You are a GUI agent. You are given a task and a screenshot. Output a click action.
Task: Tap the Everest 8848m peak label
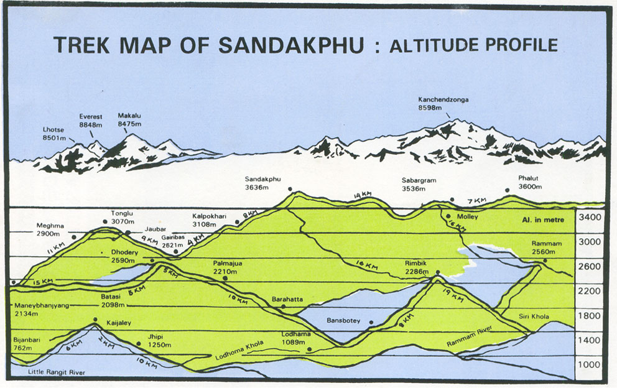(90, 121)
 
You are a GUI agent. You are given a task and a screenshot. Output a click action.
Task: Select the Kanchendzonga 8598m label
(443, 103)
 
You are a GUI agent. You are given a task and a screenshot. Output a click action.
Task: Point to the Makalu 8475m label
(129, 119)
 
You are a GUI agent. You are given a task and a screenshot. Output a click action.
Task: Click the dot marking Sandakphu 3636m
(289, 189)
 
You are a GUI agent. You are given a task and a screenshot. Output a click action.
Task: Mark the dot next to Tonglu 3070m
(105, 221)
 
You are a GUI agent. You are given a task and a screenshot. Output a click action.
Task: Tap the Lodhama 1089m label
(295, 338)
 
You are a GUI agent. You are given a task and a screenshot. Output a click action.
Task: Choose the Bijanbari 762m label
(26, 344)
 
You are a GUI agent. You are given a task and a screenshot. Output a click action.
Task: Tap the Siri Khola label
(534, 317)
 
